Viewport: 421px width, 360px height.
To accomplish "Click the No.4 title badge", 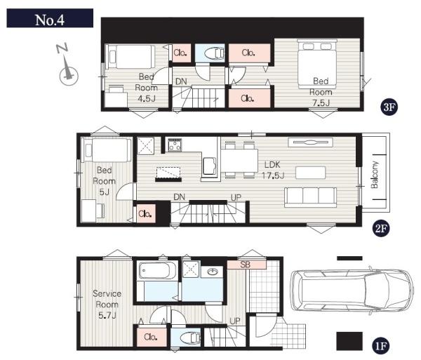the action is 50,18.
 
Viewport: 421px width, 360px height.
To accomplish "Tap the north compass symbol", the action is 67,65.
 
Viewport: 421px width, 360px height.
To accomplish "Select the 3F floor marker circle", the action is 389,107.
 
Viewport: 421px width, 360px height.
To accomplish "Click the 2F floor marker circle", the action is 381,229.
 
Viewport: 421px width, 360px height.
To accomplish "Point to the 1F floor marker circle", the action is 381,345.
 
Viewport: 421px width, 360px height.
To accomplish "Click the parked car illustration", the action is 352,291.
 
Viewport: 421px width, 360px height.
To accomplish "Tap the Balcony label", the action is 375,175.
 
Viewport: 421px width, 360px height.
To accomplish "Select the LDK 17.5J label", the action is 273,170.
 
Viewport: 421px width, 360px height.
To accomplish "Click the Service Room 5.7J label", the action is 107,305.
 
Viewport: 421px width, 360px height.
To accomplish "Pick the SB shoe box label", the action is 245,265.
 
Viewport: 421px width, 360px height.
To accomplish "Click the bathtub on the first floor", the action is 157,271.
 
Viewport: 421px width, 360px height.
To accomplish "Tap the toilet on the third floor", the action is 214,53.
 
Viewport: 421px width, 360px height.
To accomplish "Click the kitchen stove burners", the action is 175,145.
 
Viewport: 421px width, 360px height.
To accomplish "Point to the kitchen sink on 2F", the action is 209,166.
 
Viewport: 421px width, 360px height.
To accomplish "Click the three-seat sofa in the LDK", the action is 310,197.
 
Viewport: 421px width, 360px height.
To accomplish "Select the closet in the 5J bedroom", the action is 146,214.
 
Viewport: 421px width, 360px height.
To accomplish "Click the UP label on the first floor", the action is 235,321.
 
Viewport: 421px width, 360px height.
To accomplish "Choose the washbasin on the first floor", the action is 212,272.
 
